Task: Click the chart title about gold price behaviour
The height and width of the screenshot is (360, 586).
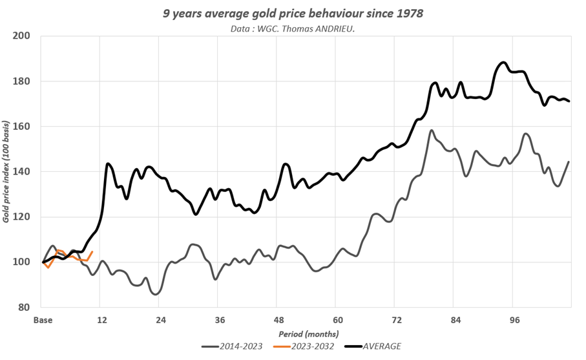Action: click(x=293, y=12)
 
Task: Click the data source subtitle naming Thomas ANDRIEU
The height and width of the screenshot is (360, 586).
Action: click(x=293, y=28)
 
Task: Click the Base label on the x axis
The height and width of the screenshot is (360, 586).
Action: click(x=43, y=320)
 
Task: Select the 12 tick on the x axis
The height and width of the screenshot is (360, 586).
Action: click(x=101, y=320)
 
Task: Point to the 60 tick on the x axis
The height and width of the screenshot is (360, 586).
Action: click(x=338, y=320)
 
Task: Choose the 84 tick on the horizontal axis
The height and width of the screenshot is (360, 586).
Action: click(x=456, y=320)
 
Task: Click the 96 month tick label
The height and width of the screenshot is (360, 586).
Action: click(x=515, y=320)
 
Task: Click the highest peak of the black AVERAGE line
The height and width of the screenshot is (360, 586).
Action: click(x=503, y=63)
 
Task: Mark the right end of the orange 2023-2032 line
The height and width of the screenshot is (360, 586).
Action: click(x=92, y=251)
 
